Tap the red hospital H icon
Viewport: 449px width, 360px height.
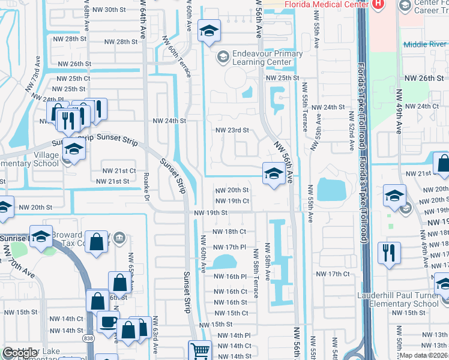click(x=378, y=4)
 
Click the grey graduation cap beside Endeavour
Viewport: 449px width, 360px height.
click(x=223, y=56)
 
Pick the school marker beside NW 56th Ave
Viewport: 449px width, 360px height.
click(x=274, y=174)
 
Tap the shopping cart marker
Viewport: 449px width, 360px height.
click(x=200, y=350)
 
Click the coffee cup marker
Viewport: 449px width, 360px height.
click(x=108, y=322)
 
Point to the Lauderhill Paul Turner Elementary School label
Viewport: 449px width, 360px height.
click(x=398, y=299)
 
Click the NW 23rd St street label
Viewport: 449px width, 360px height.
click(x=232, y=130)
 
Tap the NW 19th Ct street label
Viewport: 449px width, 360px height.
click(x=232, y=201)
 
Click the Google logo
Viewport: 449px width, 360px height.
click(x=20, y=353)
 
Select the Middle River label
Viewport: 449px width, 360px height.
click(x=424, y=44)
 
